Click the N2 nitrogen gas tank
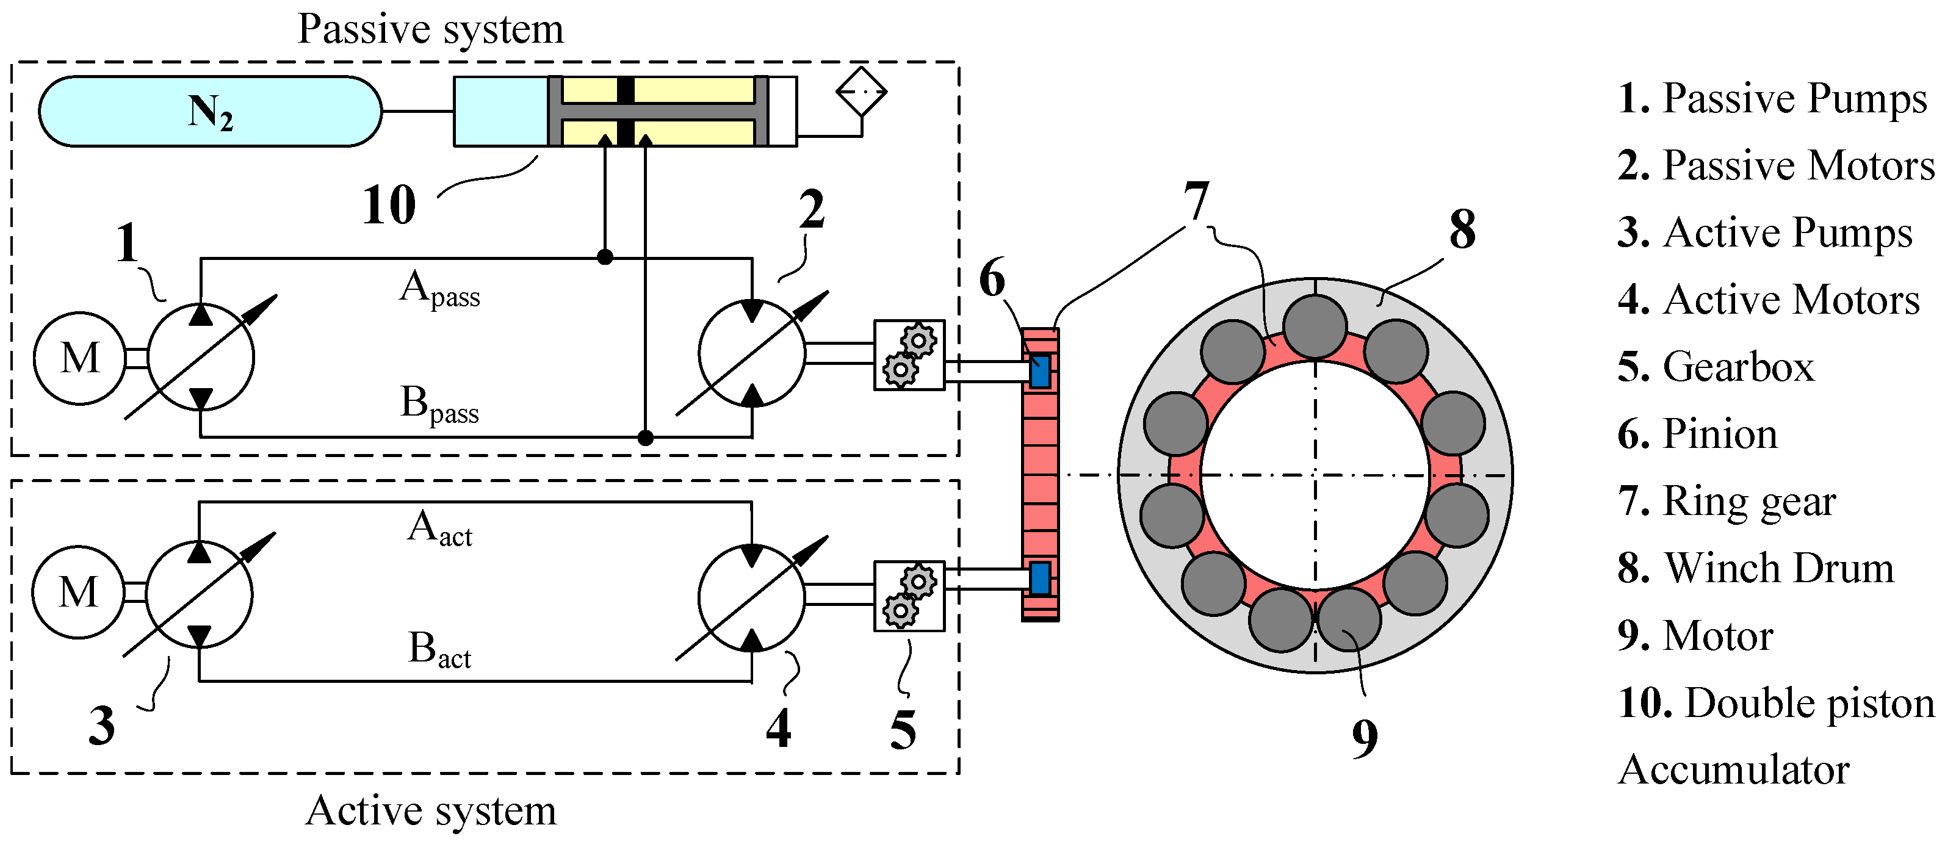210,111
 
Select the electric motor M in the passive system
79,358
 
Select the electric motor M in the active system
78,593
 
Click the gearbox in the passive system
909,355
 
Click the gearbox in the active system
909,596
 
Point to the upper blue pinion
1041,370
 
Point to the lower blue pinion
1041,578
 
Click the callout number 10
389,204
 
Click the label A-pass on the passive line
440,290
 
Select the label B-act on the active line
439,649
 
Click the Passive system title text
430,30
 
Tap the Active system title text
431,811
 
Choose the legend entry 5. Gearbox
1716,367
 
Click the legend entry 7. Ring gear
1727,501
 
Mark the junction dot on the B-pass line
646,437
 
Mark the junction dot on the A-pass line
605,257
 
